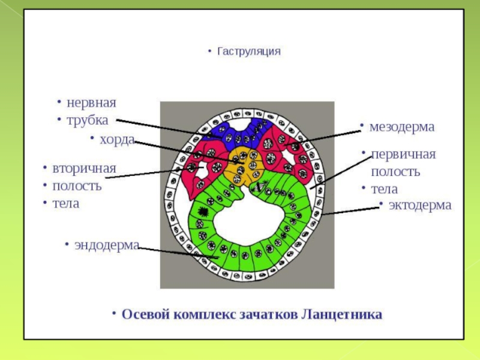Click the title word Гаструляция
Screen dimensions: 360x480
249,52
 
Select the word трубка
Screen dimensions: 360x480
88,120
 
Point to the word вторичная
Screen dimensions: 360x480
84,168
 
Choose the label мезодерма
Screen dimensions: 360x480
401,127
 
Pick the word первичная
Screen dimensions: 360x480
403,154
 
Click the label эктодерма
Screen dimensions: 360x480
419,205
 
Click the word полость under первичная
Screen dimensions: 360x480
395,172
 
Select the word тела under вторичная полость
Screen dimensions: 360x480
65,203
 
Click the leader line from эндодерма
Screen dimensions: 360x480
174,251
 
